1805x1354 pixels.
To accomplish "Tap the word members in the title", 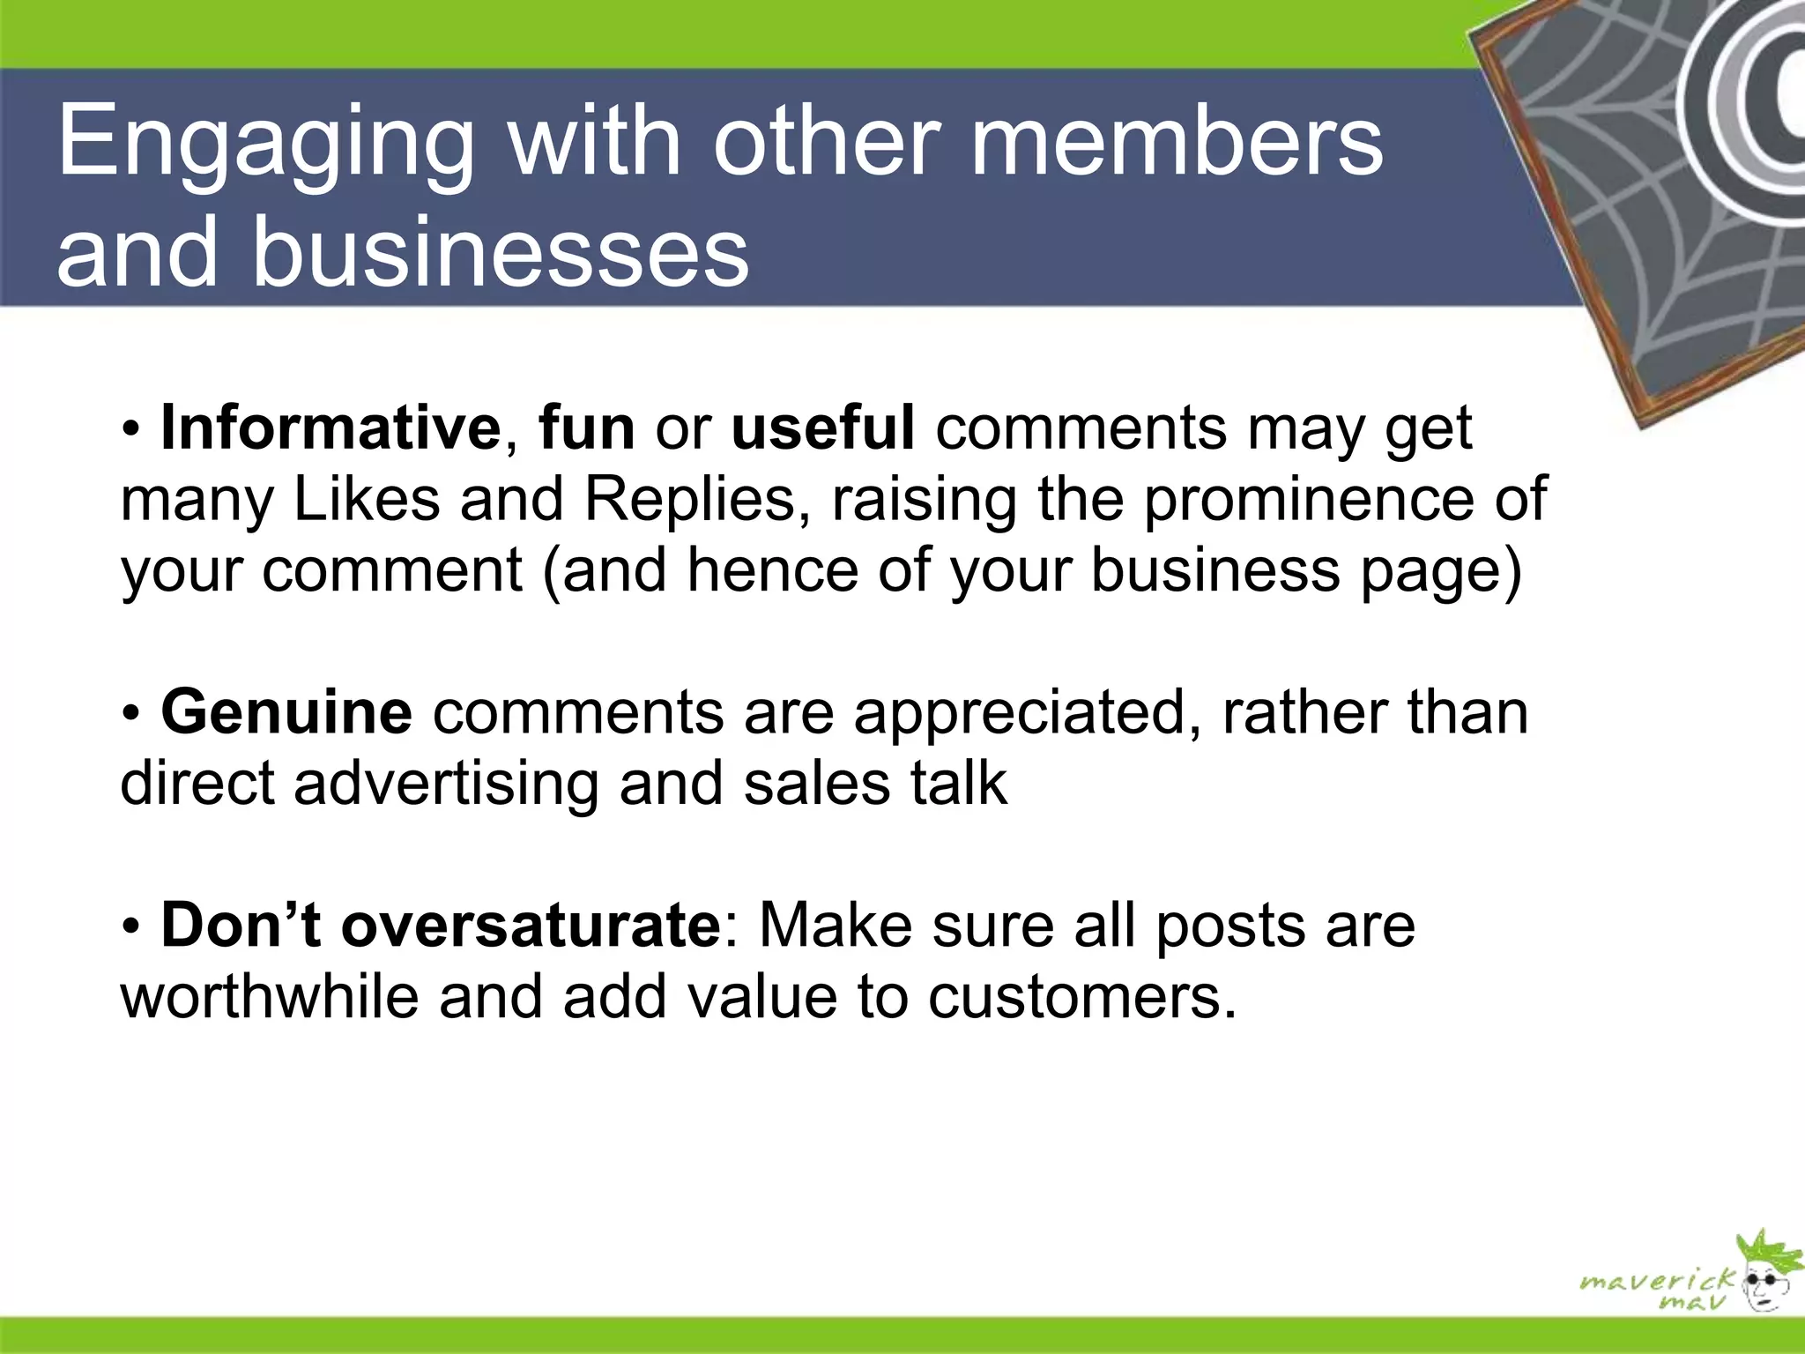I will pos(1177,141).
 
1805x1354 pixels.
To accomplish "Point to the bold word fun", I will pos(587,428).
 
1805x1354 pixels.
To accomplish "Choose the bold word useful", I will pos(823,428).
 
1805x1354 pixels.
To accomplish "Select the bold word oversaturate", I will pos(531,926).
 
